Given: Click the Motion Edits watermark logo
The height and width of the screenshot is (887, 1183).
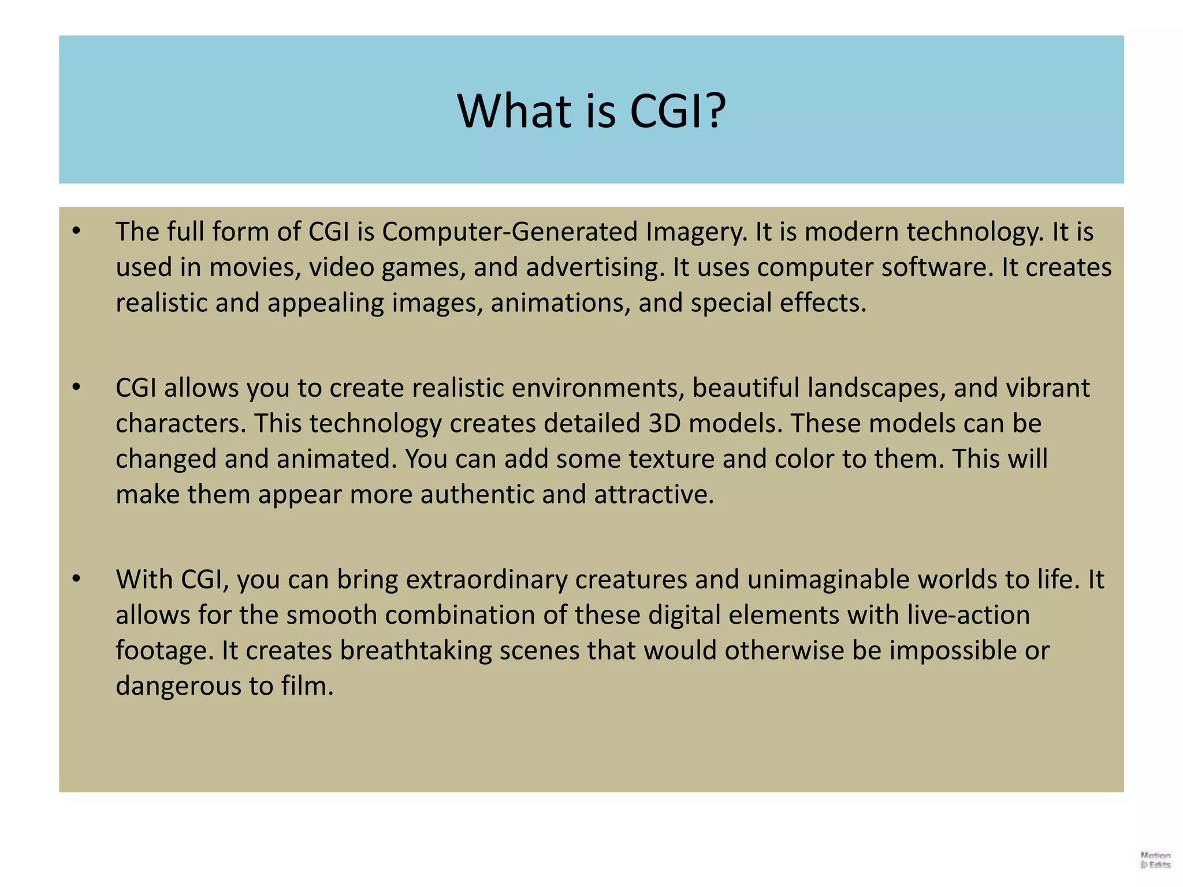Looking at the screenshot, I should (1155, 860).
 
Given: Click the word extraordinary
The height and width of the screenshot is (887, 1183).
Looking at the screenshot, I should (487, 580).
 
